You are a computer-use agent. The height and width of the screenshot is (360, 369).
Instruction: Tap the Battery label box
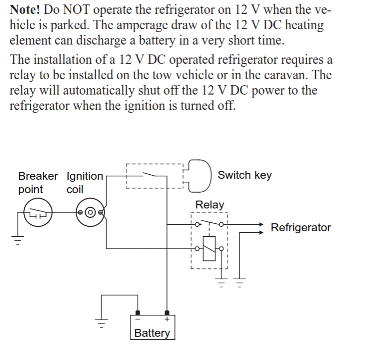152,332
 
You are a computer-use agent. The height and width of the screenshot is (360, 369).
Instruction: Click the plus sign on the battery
167,320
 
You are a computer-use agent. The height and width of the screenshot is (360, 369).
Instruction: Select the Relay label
210,205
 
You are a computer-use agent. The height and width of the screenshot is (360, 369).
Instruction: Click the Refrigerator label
301,228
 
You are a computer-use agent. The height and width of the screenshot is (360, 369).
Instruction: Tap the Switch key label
245,175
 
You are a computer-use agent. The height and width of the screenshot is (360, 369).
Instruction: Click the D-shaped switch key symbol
199,175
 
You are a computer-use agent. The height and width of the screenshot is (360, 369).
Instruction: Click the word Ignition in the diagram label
84,176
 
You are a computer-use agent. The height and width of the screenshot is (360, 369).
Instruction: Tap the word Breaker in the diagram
38,176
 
